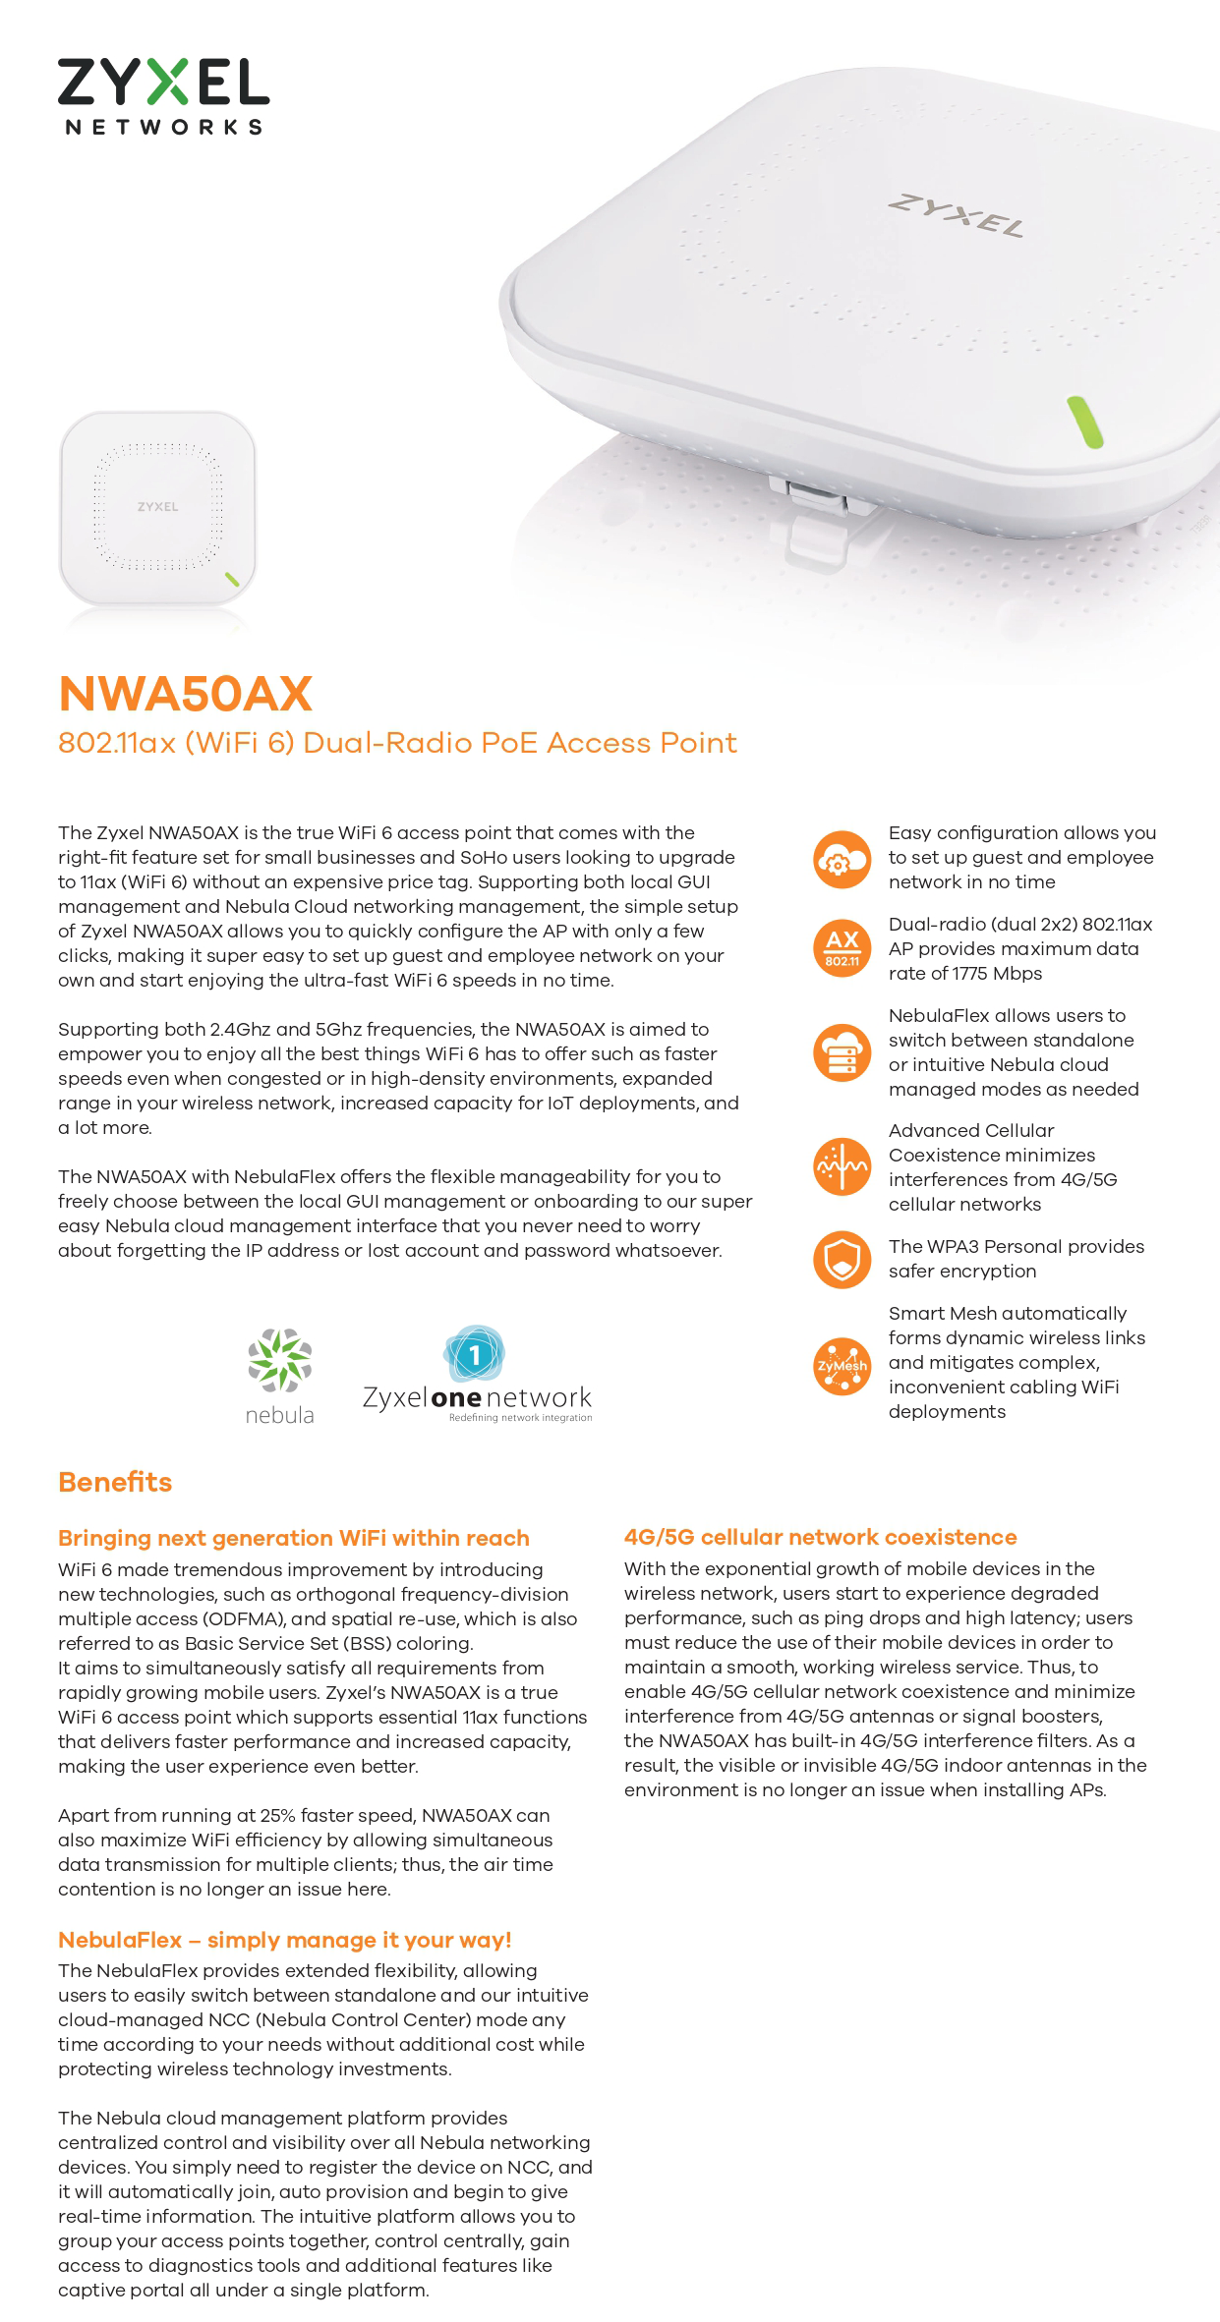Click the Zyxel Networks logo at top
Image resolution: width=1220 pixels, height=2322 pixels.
coord(163,95)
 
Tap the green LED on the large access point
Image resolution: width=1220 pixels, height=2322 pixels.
coord(1084,422)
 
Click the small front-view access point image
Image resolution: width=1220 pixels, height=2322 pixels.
coord(157,507)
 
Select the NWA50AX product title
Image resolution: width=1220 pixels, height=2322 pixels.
coord(185,694)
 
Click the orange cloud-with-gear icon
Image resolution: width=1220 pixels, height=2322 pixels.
coord(842,859)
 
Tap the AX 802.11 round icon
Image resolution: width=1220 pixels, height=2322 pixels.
coord(842,948)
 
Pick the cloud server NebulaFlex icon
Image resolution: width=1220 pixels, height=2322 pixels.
coord(842,1052)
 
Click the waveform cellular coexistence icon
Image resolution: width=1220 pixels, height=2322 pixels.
coord(842,1166)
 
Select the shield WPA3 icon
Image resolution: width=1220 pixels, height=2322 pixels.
coord(842,1259)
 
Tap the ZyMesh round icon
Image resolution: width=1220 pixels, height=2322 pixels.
coord(842,1365)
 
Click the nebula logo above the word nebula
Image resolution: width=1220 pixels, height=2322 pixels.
coord(279,1360)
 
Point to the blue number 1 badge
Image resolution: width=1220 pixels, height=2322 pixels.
coord(474,1355)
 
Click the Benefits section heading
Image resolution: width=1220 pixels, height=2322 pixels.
coord(115,1482)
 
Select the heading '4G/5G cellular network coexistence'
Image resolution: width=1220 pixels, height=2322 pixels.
coord(820,1537)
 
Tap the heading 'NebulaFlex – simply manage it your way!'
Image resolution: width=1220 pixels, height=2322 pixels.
coord(284,1940)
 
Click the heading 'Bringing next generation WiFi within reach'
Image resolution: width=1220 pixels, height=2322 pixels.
coord(293,1538)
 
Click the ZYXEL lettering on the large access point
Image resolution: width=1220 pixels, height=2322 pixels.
coord(956,215)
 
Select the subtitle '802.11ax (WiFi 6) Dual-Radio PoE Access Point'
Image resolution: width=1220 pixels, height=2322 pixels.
coord(397,743)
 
